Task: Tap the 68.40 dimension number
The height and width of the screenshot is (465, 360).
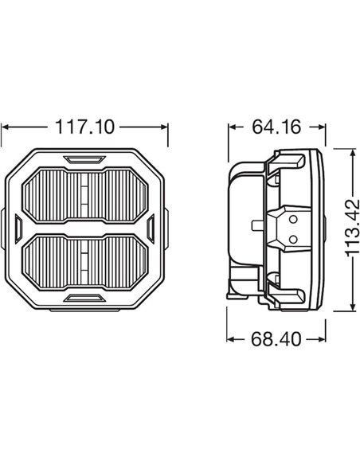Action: pyautogui.click(x=276, y=340)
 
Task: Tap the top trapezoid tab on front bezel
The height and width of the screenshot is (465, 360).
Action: pyautogui.click(x=84, y=159)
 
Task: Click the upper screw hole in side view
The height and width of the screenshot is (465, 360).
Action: pyautogui.click(x=292, y=218)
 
